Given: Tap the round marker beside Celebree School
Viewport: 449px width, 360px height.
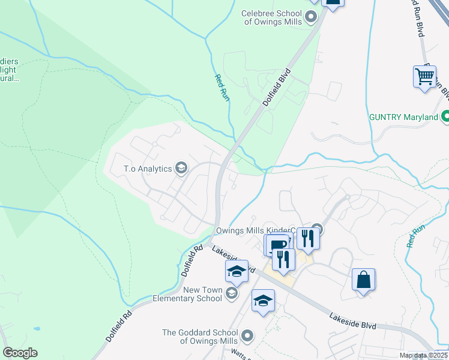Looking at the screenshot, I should coord(311,17).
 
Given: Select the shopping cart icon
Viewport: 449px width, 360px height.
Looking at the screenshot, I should coord(425,77).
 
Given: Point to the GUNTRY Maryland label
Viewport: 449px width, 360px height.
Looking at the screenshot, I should coord(404,117).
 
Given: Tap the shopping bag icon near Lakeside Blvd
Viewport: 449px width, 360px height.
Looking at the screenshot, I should coord(363,280).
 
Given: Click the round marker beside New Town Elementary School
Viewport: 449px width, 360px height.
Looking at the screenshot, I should coord(232,293).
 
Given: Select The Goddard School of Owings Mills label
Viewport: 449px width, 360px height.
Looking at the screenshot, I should coord(200,337).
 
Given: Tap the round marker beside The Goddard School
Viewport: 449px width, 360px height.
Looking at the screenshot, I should coord(247,335).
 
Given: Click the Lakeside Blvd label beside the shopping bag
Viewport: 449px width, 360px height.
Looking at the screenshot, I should coord(352,320).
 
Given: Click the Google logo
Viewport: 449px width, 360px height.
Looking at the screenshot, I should coord(20,353).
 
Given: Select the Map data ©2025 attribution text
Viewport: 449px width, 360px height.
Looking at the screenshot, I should coord(423,355).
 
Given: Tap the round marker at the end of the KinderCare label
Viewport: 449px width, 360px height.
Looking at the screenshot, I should coord(318,229).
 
